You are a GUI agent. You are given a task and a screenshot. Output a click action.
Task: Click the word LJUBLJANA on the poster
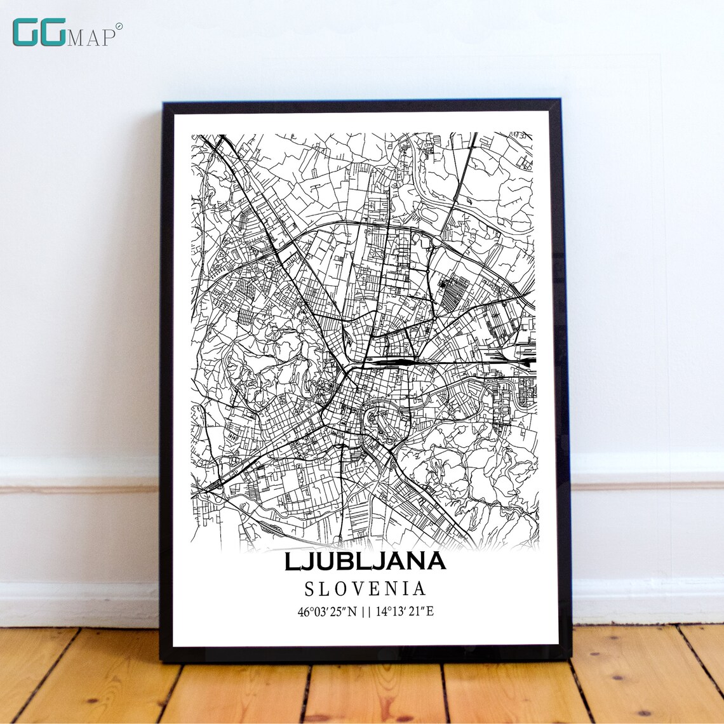pos(365,561)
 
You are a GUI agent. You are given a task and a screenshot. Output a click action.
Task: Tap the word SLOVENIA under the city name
pos(365,589)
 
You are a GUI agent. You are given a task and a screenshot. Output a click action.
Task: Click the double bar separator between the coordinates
pos(365,613)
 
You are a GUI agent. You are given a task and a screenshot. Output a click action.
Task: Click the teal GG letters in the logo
pos(39,33)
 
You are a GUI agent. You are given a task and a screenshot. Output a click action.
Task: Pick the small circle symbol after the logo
pos(119,26)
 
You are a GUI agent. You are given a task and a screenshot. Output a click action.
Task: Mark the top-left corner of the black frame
pos(163,102)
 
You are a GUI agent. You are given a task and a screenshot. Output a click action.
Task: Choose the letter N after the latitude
pos(352,613)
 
